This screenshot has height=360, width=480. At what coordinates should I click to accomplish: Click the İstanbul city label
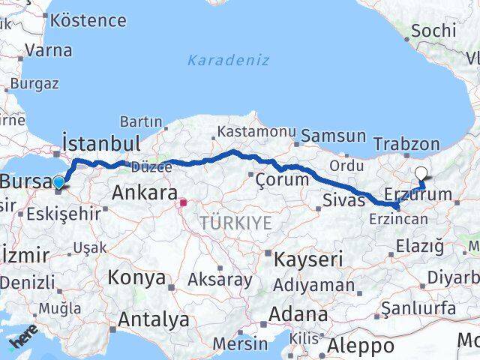pyautogui.click(x=100, y=143)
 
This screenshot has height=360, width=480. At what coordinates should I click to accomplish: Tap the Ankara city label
pyautogui.click(x=144, y=193)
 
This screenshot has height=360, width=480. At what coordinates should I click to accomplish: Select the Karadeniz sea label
pyautogui.click(x=228, y=60)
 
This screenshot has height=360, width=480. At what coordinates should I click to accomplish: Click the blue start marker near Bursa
pyautogui.click(x=58, y=181)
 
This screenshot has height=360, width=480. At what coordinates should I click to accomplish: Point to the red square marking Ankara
pyautogui.click(x=183, y=202)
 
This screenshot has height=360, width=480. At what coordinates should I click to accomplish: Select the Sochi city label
pyautogui.click(x=433, y=31)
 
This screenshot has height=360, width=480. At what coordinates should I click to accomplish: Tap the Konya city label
pyautogui.click(x=136, y=277)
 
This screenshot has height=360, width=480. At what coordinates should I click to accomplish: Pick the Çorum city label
pyautogui.click(x=282, y=180)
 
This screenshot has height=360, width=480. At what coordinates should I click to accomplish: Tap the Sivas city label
pyautogui.click(x=343, y=199)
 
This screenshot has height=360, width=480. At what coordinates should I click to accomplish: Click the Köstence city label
pyautogui.click(x=88, y=19)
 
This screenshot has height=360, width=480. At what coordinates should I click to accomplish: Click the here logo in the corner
pyautogui.click(x=25, y=342)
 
